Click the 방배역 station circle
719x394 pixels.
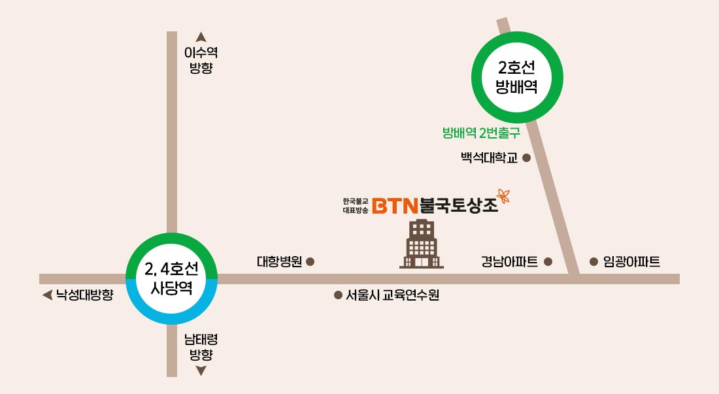[x=517, y=77]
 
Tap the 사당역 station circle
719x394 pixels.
[x=171, y=278]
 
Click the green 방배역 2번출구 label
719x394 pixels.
[x=481, y=133]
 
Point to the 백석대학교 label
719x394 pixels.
[x=489, y=157]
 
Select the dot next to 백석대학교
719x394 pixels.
[x=526, y=157]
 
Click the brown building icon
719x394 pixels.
[x=422, y=244]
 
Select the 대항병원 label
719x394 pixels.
[x=279, y=262]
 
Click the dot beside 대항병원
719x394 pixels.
[x=310, y=262]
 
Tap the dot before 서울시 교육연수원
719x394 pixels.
[x=338, y=295]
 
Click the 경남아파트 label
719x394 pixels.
[x=509, y=262]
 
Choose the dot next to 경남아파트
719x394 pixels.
[x=548, y=262]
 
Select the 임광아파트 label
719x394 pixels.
[x=631, y=262]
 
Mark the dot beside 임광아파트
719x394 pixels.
[x=594, y=262]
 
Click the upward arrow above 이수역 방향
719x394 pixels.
[x=201, y=38]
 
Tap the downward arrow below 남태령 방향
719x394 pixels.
[x=201, y=371]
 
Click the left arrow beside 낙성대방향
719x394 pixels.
[x=46, y=295]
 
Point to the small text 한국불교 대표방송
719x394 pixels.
[x=356, y=206]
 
